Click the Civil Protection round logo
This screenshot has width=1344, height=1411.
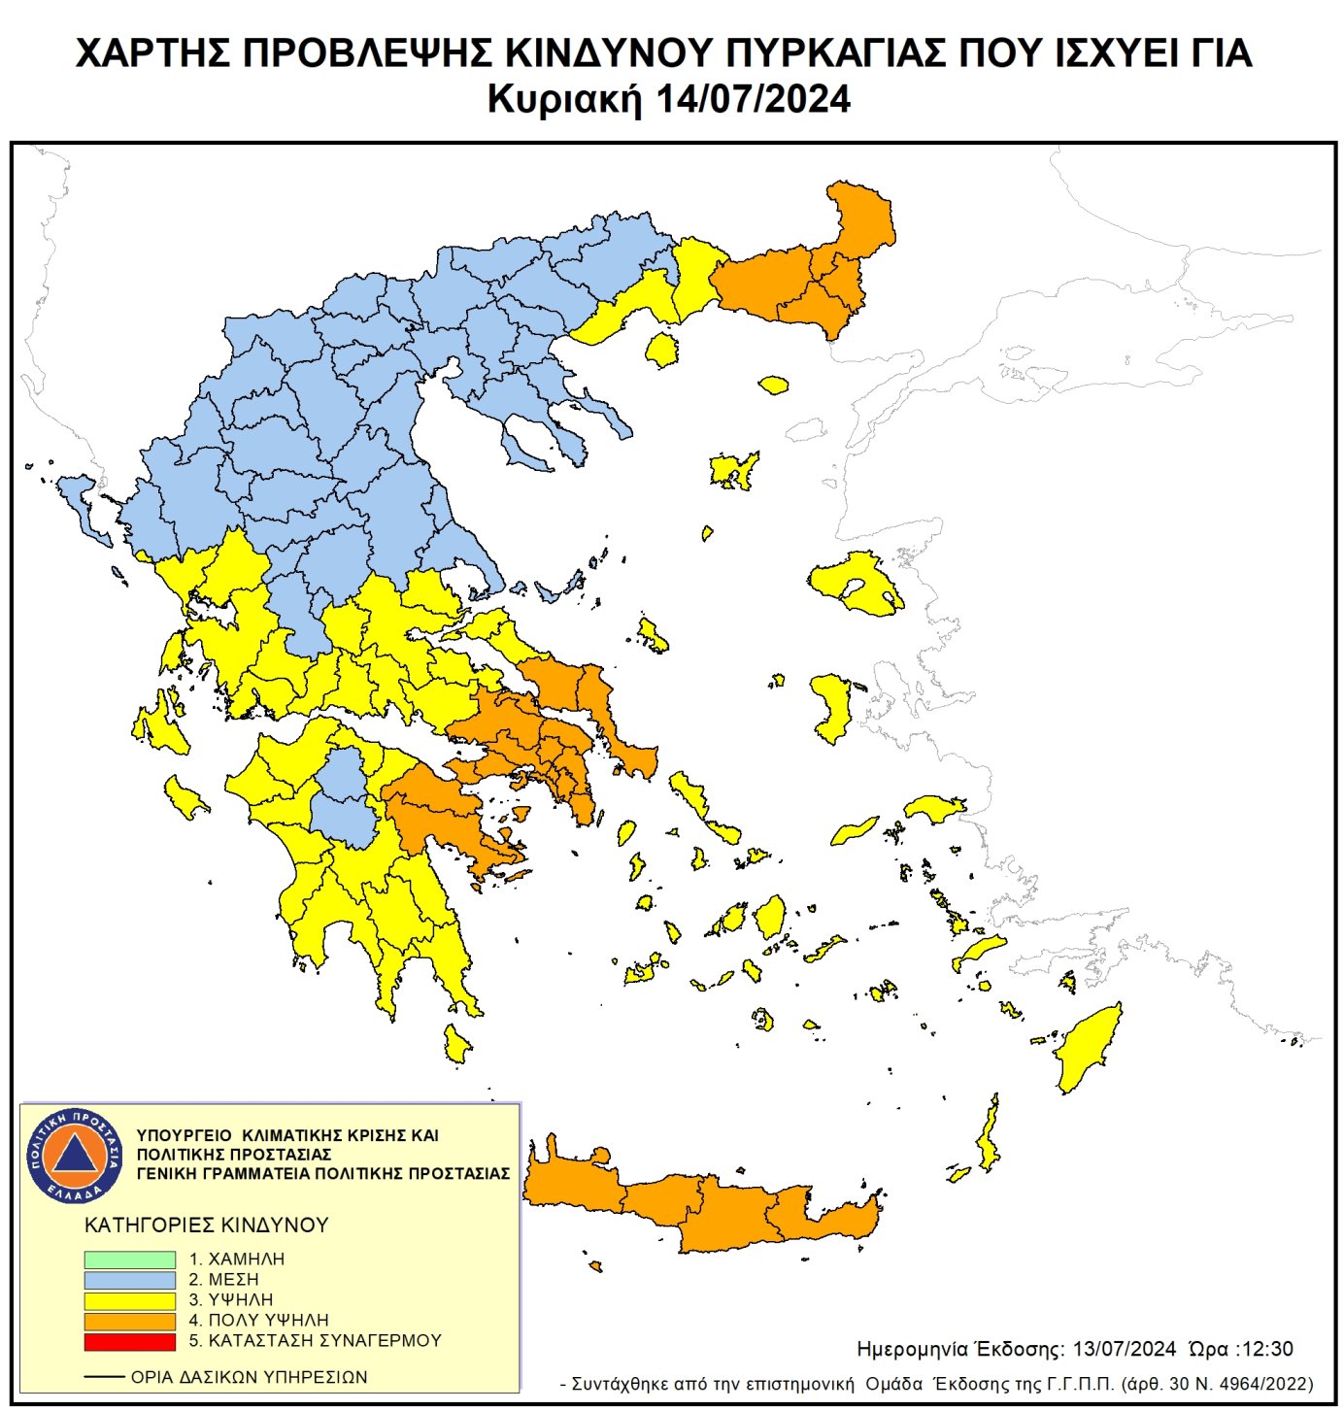(74, 1155)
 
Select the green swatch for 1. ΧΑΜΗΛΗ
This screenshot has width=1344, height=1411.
(129, 1260)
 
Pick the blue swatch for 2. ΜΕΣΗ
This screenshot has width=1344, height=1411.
(129, 1280)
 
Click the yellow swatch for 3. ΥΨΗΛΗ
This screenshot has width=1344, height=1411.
(129, 1300)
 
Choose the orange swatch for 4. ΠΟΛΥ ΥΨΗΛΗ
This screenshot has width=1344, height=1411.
(129, 1321)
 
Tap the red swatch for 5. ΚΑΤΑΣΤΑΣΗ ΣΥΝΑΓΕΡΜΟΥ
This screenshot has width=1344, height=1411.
(129, 1341)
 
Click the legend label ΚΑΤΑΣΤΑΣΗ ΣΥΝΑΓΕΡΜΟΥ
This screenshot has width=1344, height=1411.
(324, 1341)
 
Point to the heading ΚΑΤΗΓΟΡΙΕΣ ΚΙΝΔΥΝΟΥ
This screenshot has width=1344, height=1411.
(207, 1226)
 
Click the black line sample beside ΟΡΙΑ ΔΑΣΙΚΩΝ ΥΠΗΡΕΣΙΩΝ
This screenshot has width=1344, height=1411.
(104, 1377)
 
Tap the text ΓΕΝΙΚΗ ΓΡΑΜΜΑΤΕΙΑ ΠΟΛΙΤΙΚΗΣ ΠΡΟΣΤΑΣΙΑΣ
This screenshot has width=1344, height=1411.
(322, 1173)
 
